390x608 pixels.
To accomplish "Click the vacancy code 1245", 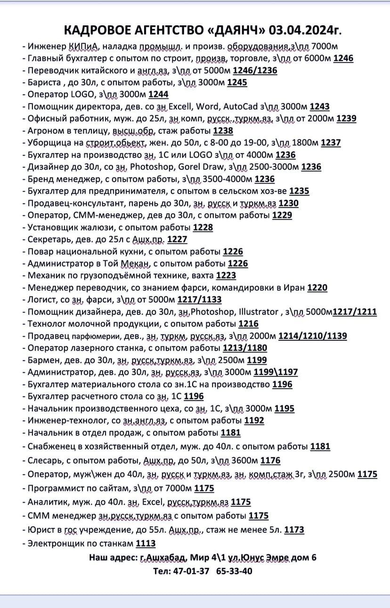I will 237,82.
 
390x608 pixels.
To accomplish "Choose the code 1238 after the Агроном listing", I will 223,131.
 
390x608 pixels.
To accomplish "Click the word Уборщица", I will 48,143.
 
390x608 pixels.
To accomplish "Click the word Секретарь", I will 47,240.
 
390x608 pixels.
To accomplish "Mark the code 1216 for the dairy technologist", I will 249,324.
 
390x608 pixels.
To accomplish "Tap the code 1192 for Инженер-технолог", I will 254,420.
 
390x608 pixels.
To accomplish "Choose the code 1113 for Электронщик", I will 146,544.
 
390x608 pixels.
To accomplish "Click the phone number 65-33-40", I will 234,571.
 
